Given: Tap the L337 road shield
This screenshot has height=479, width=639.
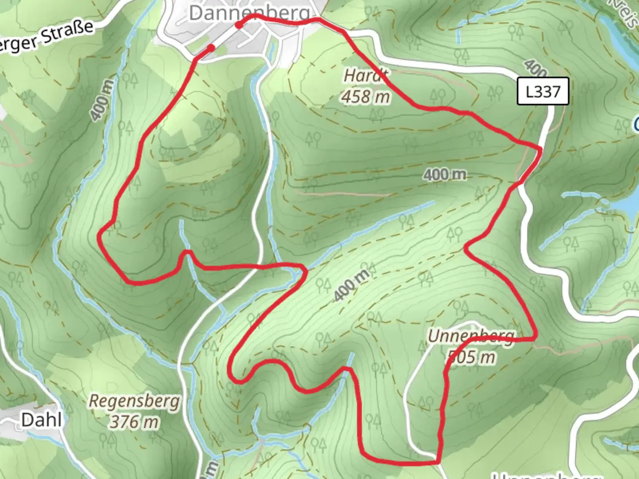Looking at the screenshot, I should pos(543,92).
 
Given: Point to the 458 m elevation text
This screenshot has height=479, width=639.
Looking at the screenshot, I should pos(366,96).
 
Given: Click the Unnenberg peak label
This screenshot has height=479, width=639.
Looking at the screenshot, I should pos(471,336).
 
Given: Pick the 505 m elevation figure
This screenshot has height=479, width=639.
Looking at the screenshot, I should pos(471,357).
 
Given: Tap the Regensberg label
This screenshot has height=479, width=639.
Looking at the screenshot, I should pos(134,401).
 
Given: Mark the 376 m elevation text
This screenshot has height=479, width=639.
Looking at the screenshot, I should pos(134,421).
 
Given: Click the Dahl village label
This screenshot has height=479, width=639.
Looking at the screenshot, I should pos(41,420).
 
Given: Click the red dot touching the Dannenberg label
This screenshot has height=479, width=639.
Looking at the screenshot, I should pos(239,25).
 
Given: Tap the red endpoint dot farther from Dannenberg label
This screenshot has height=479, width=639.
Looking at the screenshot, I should pos(211,47).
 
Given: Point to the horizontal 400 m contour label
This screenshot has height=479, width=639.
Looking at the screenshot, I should pos(445,175).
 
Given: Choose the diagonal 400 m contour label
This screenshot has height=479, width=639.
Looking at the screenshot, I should pos(351,285).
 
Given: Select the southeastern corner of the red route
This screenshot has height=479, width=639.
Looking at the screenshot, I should pos(438,461).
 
